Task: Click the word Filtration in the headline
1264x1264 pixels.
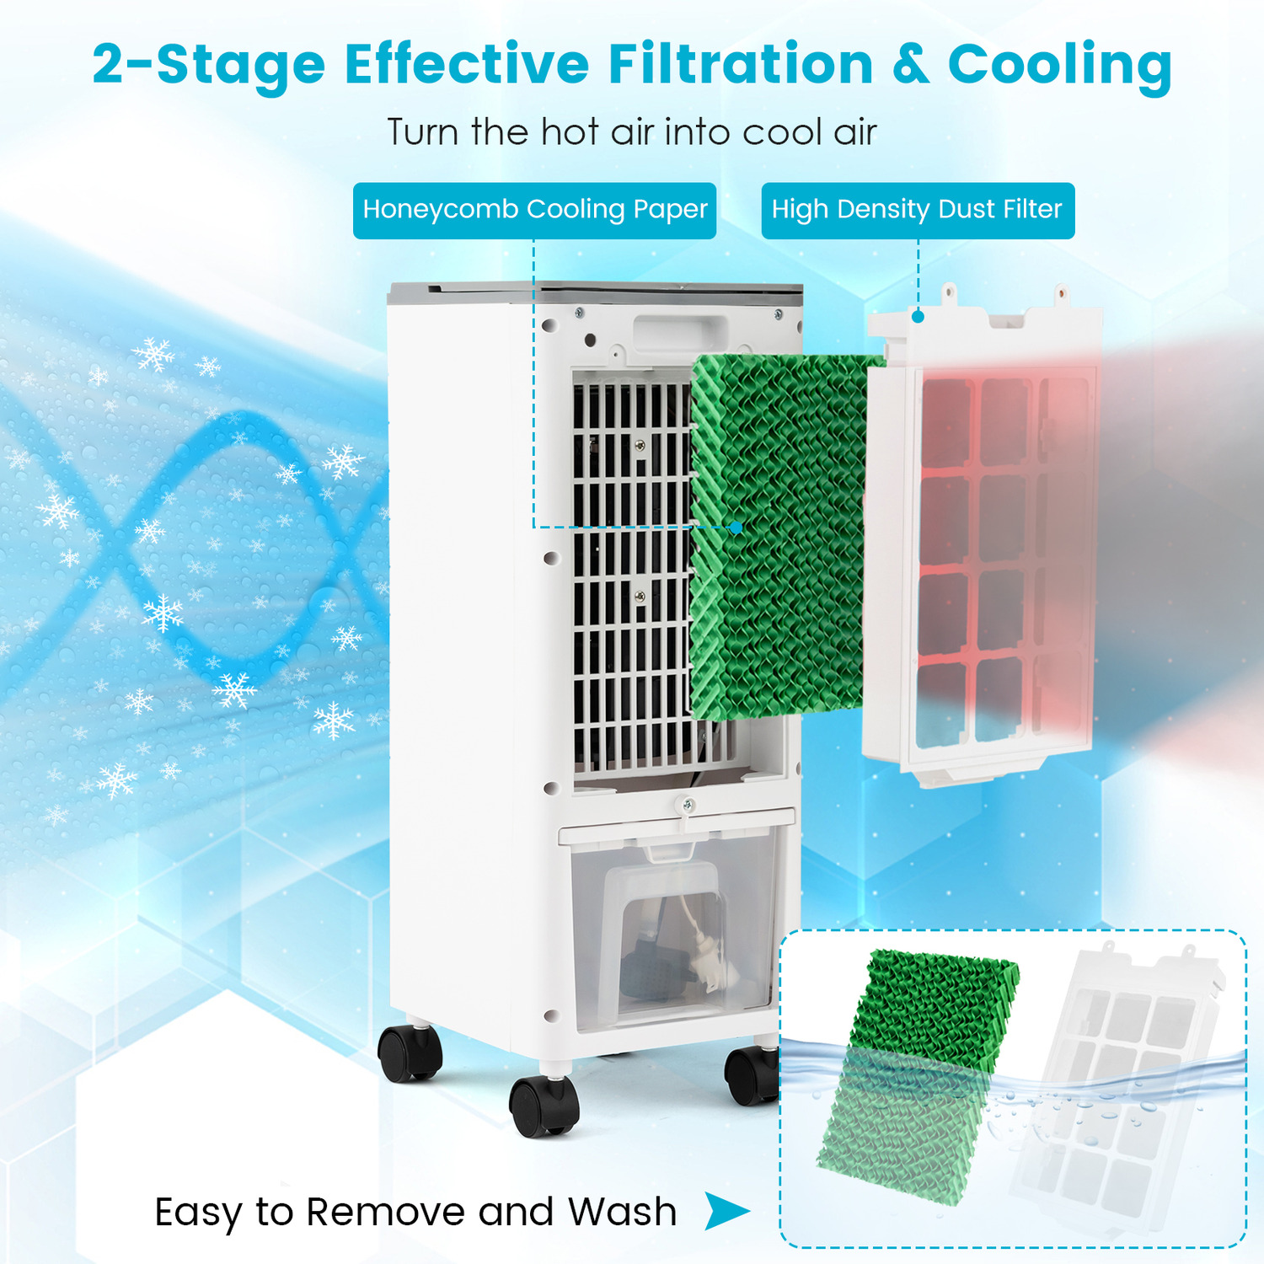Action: pyautogui.click(x=741, y=64)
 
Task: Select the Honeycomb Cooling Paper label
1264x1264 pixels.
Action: pyautogui.click(x=534, y=210)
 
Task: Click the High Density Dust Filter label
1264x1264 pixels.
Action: pyautogui.click(x=918, y=210)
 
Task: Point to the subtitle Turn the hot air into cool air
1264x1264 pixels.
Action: pyautogui.click(x=632, y=132)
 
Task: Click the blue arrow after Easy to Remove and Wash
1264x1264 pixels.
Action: pyautogui.click(x=726, y=1211)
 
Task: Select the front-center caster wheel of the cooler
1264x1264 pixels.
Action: pyautogui.click(x=544, y=1105)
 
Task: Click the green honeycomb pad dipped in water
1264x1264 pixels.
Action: pyautogui.click(x=919, y=1079)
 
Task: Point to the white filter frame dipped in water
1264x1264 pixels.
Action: pyautogui.click(x=1121, y=1087)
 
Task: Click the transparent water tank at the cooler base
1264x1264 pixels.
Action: pyautogui.click(x=674, y=935)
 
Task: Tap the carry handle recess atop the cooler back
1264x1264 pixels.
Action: pyautogui.click(x=679, y=333)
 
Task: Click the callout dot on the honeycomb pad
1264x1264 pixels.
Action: pyautogui.click(x=736, y=528)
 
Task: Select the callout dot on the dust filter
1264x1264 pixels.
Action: pyautogui.click(x=918, y=317)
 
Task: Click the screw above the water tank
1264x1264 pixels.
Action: pyautogui.click(x=688, y=806)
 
